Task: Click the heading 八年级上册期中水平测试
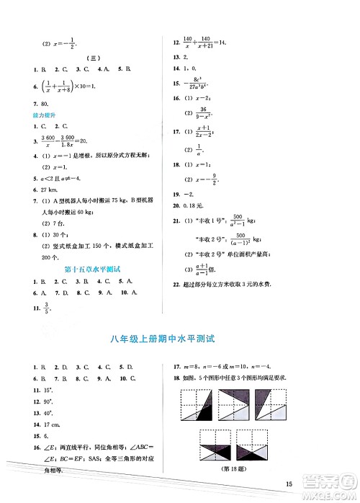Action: point(179,338)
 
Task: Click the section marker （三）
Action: point(93,57)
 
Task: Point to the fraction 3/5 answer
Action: point(48,311)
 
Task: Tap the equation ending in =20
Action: point(66,142)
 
